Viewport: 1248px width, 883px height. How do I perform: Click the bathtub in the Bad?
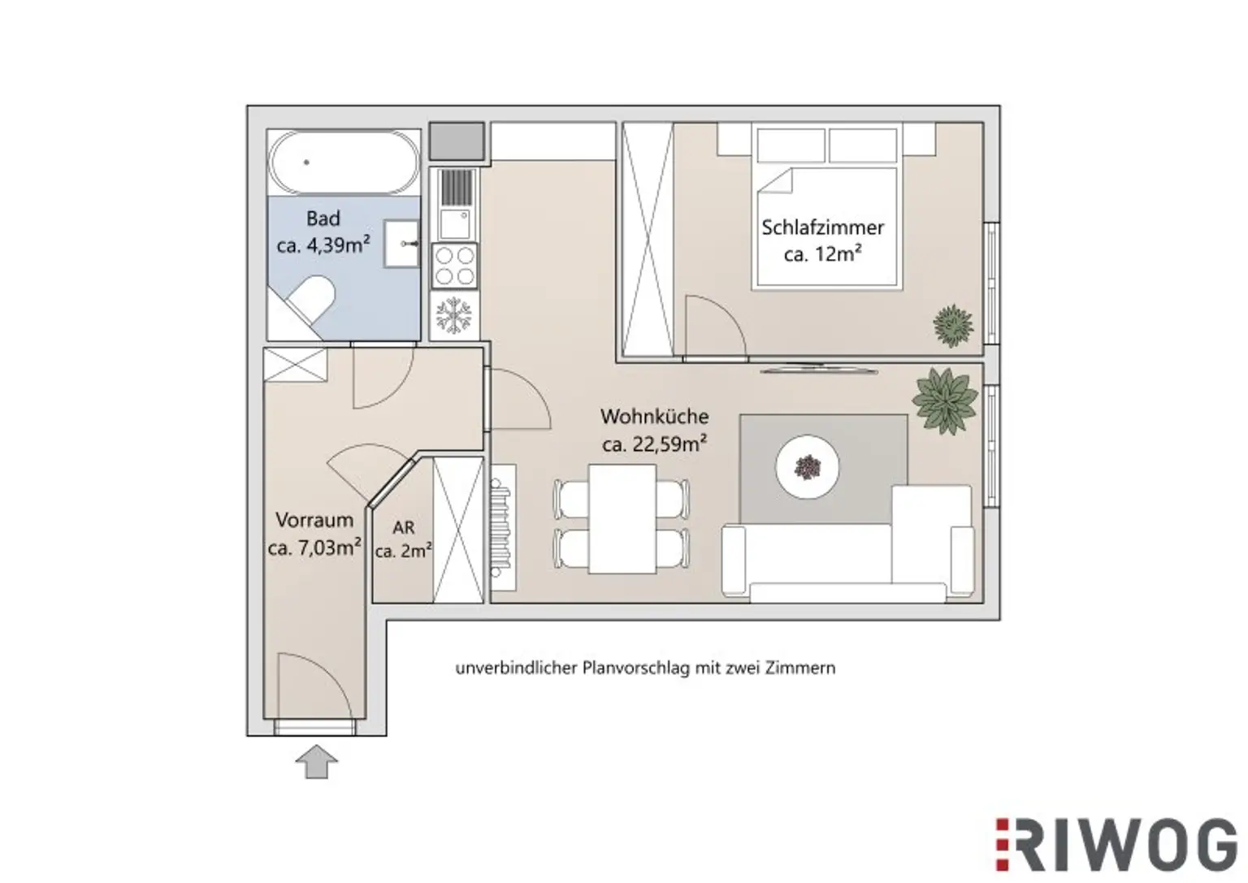[x=344, y=162]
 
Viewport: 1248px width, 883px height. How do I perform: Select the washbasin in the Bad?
[x=401, y=244]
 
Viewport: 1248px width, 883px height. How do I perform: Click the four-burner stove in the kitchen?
[x=454, y=266]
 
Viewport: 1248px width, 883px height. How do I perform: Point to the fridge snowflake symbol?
[x=453, y=316]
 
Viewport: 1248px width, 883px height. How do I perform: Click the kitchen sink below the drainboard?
[x=455, y=224]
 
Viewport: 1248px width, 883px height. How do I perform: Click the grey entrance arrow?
[x=316, y=761]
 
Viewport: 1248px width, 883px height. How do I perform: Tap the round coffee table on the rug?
[x=808, y=466]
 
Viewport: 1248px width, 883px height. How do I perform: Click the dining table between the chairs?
[x=622, y=518]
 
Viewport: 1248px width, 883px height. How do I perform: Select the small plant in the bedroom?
[x=953, y=326]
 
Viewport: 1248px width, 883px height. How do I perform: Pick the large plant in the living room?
[x=945, y=400]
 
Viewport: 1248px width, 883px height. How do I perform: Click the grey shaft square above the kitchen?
[x=457, y=141]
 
